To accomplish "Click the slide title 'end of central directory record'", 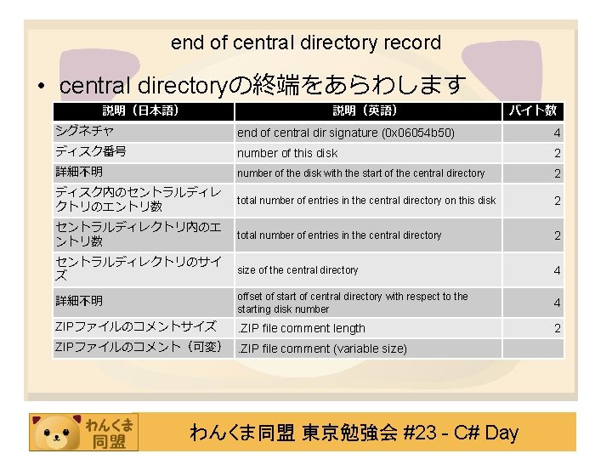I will pos(306,42).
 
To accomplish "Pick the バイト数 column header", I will pos(533,110).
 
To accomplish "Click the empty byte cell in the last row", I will pos(533,348).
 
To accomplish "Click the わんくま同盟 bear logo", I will pos(82,432).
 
